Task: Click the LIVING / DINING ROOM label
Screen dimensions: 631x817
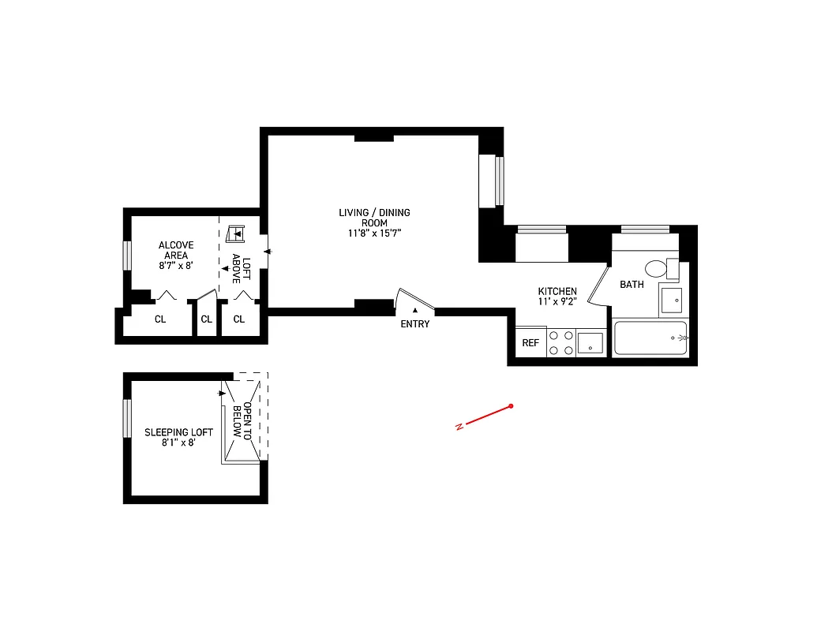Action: click(x=374, y=218)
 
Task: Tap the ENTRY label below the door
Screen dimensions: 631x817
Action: click(x=415, y=324)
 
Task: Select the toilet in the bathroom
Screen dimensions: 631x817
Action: click(x=657, y=269)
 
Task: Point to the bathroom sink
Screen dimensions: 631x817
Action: click(x=671, y=301)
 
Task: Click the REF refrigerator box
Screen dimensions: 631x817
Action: click(x=530, y=343)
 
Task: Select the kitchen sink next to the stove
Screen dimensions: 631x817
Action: click(x=590, y=343)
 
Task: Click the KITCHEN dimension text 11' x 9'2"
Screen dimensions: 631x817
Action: click(x=557, y=301)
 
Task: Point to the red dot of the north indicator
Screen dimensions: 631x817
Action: click(x=512, y=406)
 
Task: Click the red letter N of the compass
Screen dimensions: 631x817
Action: click(x=459, y=428)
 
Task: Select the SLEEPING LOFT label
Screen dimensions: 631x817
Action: click(x=178, y=432)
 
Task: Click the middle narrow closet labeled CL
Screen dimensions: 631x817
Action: click(x=206, y=319)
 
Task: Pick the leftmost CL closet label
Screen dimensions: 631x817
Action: click(x=160, y=319)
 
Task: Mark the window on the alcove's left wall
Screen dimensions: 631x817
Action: click(x=126, y=256)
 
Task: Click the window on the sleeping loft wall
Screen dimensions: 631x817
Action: click(x=126, y=418)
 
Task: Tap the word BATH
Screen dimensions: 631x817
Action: click(x=631, y=285)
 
